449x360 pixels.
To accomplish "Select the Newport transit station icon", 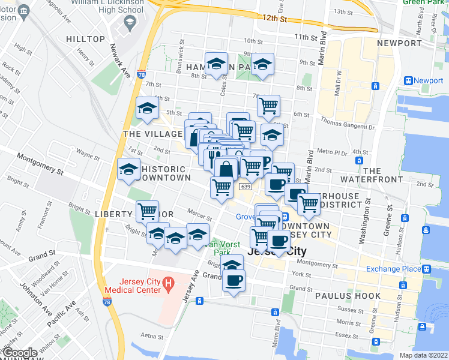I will click(x=408, y=80).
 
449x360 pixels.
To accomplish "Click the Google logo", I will click(x=20, y=353).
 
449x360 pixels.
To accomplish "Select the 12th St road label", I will click(x=274, y=19).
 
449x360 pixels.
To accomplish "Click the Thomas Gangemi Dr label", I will click(x=347, y=127).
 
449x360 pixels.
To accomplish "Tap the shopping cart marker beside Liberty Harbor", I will click(x=147, y=211).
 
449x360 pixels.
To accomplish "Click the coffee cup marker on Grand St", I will click(x=234, y=280).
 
